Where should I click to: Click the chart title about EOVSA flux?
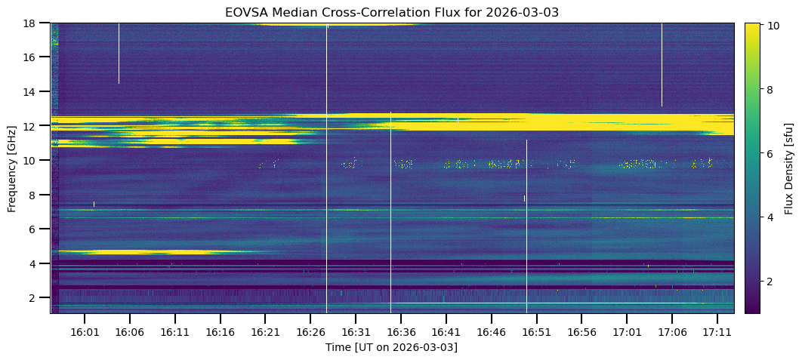click(x=391, y=12)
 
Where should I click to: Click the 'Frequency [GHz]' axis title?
click(x=12, y=168)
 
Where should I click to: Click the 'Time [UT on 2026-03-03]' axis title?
click(x=391, y=347)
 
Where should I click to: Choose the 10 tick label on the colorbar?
click(x=773, y=26)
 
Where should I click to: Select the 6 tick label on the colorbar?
click(x=770, y=153)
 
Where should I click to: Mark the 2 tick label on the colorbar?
click(x=770, y=282)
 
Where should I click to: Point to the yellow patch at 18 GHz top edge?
click(x=336, y=25)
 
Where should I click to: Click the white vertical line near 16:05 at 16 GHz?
click(x=119, y=53)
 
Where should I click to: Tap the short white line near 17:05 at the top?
click(x=662, y=64)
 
